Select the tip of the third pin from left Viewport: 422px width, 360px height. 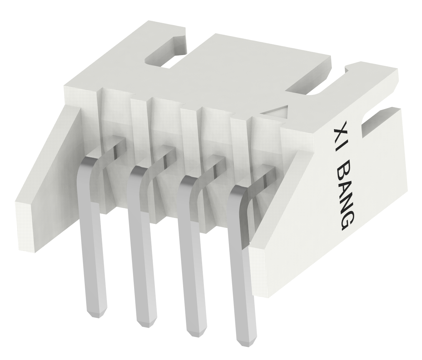point(197,331)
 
